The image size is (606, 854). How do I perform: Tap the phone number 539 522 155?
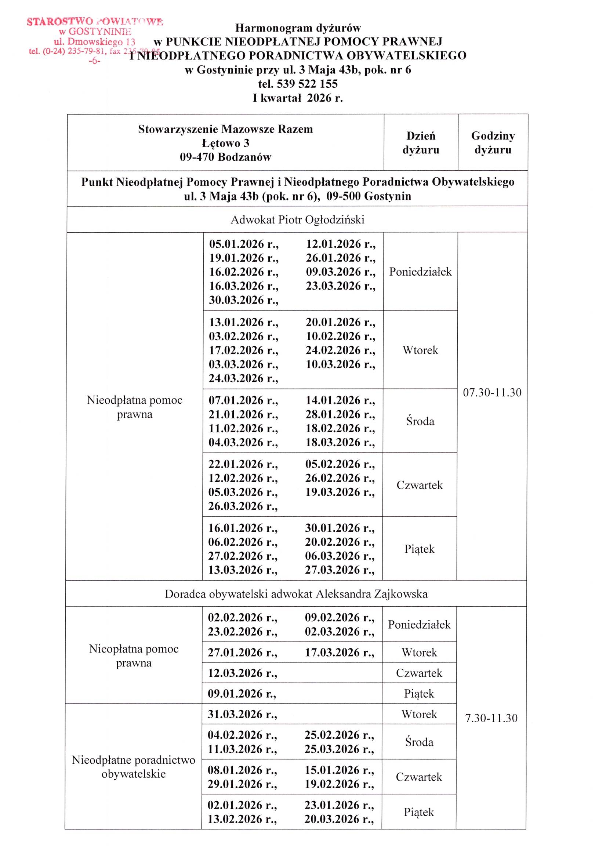[307, 84]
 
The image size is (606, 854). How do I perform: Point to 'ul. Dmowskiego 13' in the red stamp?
[94, 41]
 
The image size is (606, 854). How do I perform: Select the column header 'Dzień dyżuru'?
[421, 142]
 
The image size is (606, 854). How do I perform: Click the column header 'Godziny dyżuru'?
[493, 142]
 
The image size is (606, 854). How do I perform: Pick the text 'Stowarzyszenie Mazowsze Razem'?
[225, 129]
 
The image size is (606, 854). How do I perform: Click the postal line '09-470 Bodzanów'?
[225, 157]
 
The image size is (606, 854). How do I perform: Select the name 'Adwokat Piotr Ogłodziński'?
[297, 220]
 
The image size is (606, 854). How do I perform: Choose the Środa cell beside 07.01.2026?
[420, 421]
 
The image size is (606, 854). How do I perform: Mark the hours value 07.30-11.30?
[492, 392]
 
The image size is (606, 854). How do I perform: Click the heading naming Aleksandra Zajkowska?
[296, 594]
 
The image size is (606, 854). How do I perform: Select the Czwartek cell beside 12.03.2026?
[419, 673]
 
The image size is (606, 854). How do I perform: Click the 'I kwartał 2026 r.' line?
[297, 98]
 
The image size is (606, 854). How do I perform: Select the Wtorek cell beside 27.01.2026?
[419, 652]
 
